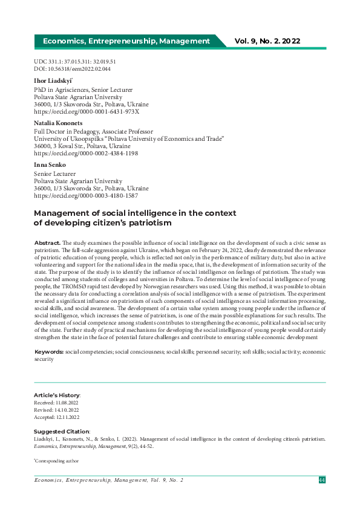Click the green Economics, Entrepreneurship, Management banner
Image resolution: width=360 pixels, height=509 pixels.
pyautogui.click(x=126, y=41)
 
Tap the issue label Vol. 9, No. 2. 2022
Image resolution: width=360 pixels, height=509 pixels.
pyautogui.click(x=267, y=41)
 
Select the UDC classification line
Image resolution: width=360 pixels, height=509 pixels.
pyautogui.click(x=75, y=62)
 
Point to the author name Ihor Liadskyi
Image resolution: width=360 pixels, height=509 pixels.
pyautogui.click(x=53, y=80)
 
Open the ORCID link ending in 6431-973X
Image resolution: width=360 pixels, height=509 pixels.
pyautogui.click(x=87, y=112)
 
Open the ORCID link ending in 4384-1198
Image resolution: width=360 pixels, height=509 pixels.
pyautogui.click(x=86, y=154)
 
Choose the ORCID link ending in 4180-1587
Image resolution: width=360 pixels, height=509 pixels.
pyautogui.click(x=86, y=196)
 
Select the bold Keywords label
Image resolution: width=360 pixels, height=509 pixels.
pyautogui.click(x=48, y=351)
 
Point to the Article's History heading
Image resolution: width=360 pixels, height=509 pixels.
pyautogui.click(x=57, y=395)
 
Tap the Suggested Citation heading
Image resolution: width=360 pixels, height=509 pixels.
pyautogui.click(x=61, y=431)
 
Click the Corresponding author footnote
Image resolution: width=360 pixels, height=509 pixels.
pyautogui.click(x=56, y=461)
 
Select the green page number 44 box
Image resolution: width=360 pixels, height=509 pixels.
pyautogui.click(x=322, y=480)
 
